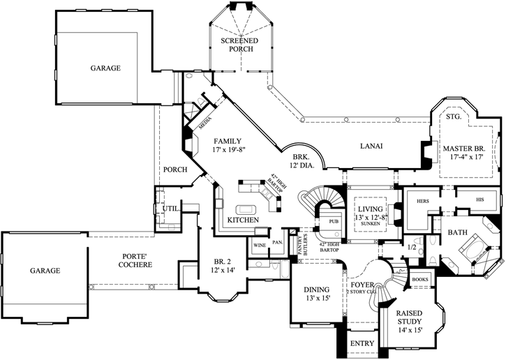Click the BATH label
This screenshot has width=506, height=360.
pyautogui.click(x=458, y=232)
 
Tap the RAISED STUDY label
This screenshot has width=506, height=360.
pyautogui.click(x=410, y=320)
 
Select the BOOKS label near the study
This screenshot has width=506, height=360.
pyautogui.click(x=421, y=279)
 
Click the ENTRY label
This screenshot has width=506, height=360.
pyautogui.click(x=363, y=344)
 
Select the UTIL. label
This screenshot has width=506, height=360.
pyautogui.click(x=170, y=208)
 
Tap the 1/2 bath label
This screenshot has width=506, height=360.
pyautogui.click(x=412, y=246)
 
